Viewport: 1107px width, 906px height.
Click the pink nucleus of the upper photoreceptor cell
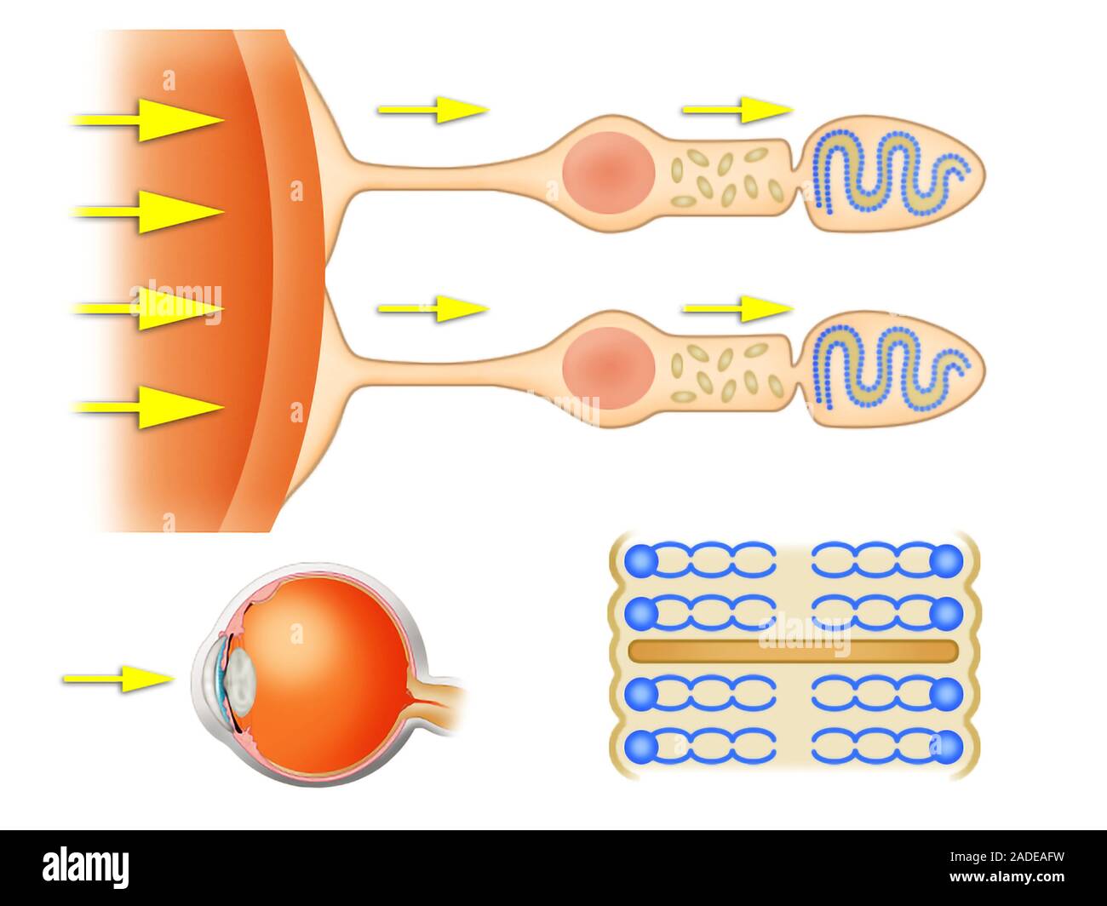(609, 173)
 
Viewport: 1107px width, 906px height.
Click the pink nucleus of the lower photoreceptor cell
(609, 369)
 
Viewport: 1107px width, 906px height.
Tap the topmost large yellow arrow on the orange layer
(147, 120)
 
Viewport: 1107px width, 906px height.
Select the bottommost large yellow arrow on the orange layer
(147, 407)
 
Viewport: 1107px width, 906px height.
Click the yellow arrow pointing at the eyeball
(118, 679)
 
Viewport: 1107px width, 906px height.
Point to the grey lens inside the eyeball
(241, 681)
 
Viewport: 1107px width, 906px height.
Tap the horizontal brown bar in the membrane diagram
(793, 651)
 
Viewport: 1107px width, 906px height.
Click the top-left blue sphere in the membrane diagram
(641, 561)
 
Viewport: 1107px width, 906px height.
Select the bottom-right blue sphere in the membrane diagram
(946, 748)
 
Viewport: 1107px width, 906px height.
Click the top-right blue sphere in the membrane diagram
(946, 561)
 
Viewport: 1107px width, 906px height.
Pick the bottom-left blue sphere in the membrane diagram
(641, 748)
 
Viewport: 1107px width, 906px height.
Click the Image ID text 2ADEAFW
(1007, 857)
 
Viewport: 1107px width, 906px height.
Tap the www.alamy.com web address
(1007, 876)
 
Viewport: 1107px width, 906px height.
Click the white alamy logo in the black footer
(85, 868)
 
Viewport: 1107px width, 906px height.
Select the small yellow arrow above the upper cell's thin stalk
(433, 110)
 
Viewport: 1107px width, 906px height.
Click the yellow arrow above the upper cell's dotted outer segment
(737, 110)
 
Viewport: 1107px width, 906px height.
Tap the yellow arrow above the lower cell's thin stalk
(433, 308)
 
